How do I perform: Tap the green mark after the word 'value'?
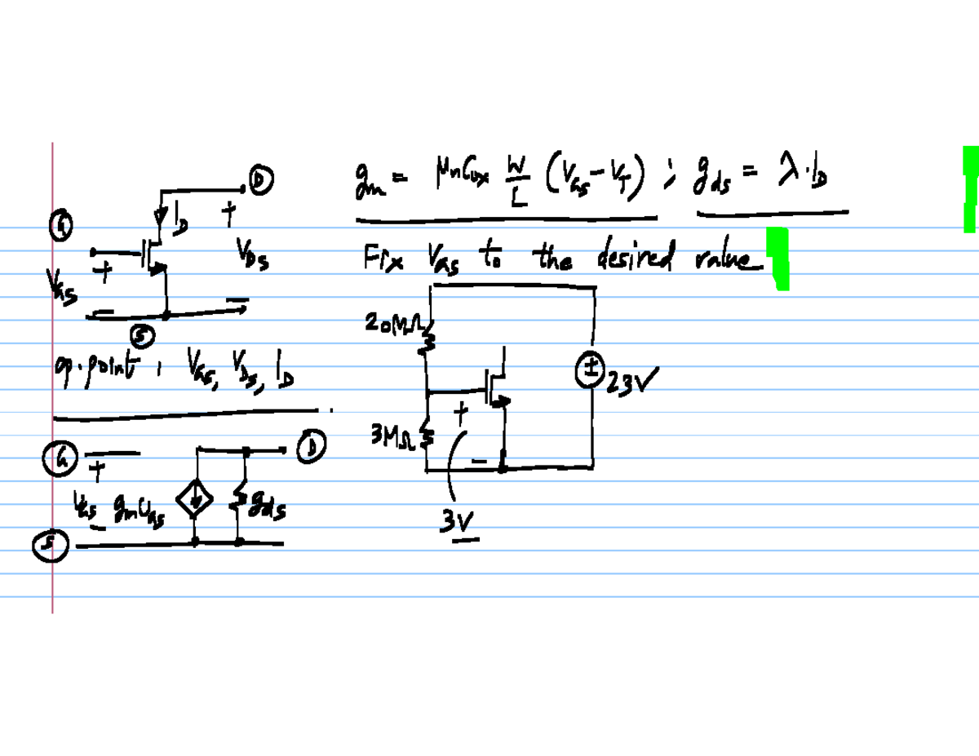pyautogui.click(x=780, y=258)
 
